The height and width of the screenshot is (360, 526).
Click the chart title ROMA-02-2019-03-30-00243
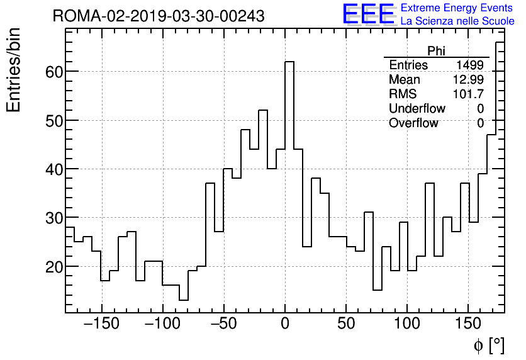[158, 16]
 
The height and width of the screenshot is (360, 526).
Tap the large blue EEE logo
[368, 14]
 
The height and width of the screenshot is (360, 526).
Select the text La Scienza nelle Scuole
[457, 21]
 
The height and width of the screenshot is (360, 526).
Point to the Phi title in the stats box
[436, 51]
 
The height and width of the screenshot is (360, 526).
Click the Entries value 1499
[470, 65]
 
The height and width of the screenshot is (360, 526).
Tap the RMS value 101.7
[468, 94]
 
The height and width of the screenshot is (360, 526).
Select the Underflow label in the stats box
[417, 109]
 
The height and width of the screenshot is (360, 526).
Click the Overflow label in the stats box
[413, 123]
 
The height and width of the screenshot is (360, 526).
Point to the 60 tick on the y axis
[53, 72]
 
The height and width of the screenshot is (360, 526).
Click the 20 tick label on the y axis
[53, 267]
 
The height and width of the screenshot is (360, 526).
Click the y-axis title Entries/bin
[14, 70]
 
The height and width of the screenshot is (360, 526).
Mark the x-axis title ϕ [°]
[488, 346]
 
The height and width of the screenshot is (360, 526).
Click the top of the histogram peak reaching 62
[289, 62]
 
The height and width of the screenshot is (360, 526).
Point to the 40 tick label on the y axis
[53, 169]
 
